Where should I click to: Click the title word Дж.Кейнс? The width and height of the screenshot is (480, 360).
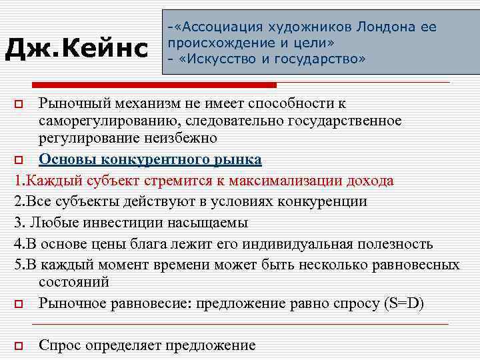coord(77,48)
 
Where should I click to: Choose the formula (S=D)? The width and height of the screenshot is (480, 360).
coord(403,303)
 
